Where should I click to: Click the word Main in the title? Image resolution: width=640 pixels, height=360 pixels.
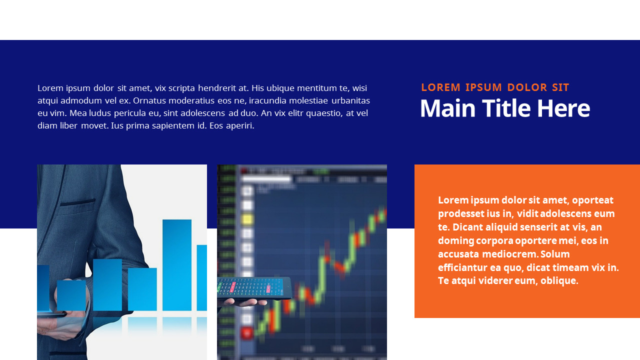[x=447, y=108]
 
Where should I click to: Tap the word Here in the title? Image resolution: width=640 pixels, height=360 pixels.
[x=563, y=108]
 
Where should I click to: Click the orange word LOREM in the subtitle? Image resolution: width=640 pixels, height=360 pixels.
[x=441, y=87]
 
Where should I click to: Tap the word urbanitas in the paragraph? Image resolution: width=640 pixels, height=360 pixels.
[x=350, y=100]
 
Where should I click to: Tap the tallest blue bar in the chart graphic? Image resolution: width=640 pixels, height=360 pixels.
[x=177, y=265]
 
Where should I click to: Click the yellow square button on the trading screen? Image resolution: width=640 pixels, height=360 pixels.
[x=247, y=219]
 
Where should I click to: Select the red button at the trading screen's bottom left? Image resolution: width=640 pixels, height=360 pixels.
[x=247, y=333]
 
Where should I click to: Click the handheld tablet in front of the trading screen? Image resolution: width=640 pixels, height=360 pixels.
[x=254, y=288]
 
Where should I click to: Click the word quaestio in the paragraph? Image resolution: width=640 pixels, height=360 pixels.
[x=324, y=113]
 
